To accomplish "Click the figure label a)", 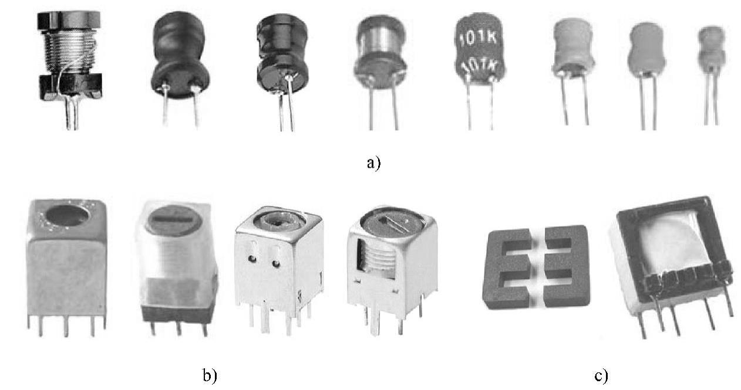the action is [x=374, y=162].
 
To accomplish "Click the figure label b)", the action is [x=210, y=375].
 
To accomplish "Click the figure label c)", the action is [x=601, y=375].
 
